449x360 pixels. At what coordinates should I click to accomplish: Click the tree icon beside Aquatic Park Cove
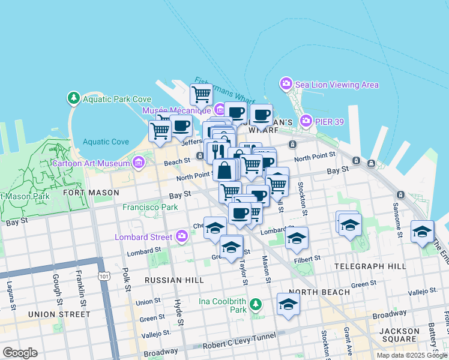point(74,97)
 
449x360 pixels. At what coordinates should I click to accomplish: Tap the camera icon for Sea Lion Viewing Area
point(286,84)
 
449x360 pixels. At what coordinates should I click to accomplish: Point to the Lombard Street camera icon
point(182,236)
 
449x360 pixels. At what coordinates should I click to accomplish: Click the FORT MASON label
point(91,193)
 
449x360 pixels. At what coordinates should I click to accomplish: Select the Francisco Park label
point(150,207)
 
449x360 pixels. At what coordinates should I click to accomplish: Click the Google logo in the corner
point(19,353)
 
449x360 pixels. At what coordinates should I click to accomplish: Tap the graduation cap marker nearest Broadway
point(288,304)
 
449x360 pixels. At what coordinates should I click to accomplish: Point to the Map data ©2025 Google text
point(412,355)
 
